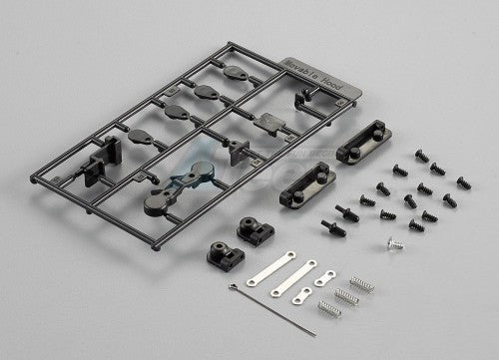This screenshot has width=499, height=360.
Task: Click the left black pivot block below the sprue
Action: point(216,248)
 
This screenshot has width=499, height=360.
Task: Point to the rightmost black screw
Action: point(463,183)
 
